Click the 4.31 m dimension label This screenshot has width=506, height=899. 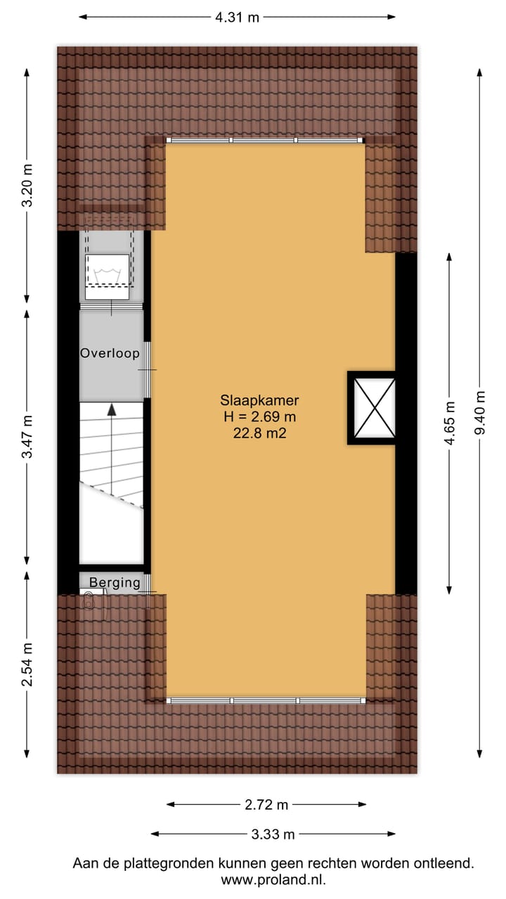point(237,18)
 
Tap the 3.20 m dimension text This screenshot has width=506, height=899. point(27,185)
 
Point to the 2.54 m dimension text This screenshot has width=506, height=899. point(27,664)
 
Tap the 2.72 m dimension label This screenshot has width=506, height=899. point(266,805)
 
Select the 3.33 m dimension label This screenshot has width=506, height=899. point(273,834)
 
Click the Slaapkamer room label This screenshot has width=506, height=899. point(259,401)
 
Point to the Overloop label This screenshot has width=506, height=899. point(110,353)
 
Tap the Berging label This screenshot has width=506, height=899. point(115,582)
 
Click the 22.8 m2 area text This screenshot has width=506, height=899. point(259,433)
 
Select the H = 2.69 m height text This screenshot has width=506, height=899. point(259,417)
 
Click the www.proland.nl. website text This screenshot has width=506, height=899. point(273,879)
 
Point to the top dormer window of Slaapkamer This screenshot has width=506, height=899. point(266,140)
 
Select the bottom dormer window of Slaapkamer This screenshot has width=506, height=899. point(266,700)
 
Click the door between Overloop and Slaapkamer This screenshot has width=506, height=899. point(148,369)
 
